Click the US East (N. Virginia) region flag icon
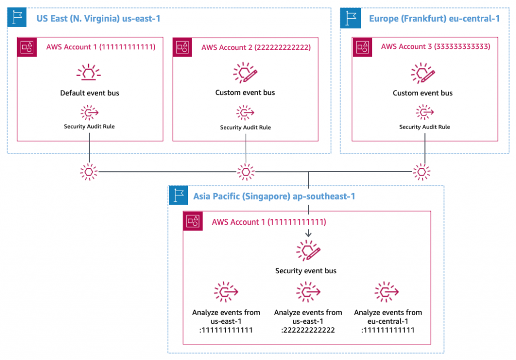[x=18, y=18]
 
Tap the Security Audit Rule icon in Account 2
[x=245, y=112]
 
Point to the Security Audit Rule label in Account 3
[x=424, y=127]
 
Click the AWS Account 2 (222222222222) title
[x=256, y=48]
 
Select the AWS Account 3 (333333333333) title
[x=435, y=47]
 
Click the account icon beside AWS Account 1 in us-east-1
[x=28, y=47]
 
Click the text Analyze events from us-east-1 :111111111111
[x=226, y=321]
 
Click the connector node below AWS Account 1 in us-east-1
[x=89, y=172]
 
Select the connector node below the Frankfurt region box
[x=422, y=172]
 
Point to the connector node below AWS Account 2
[x=245, y=172]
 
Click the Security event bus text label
[x=305, y=271]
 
